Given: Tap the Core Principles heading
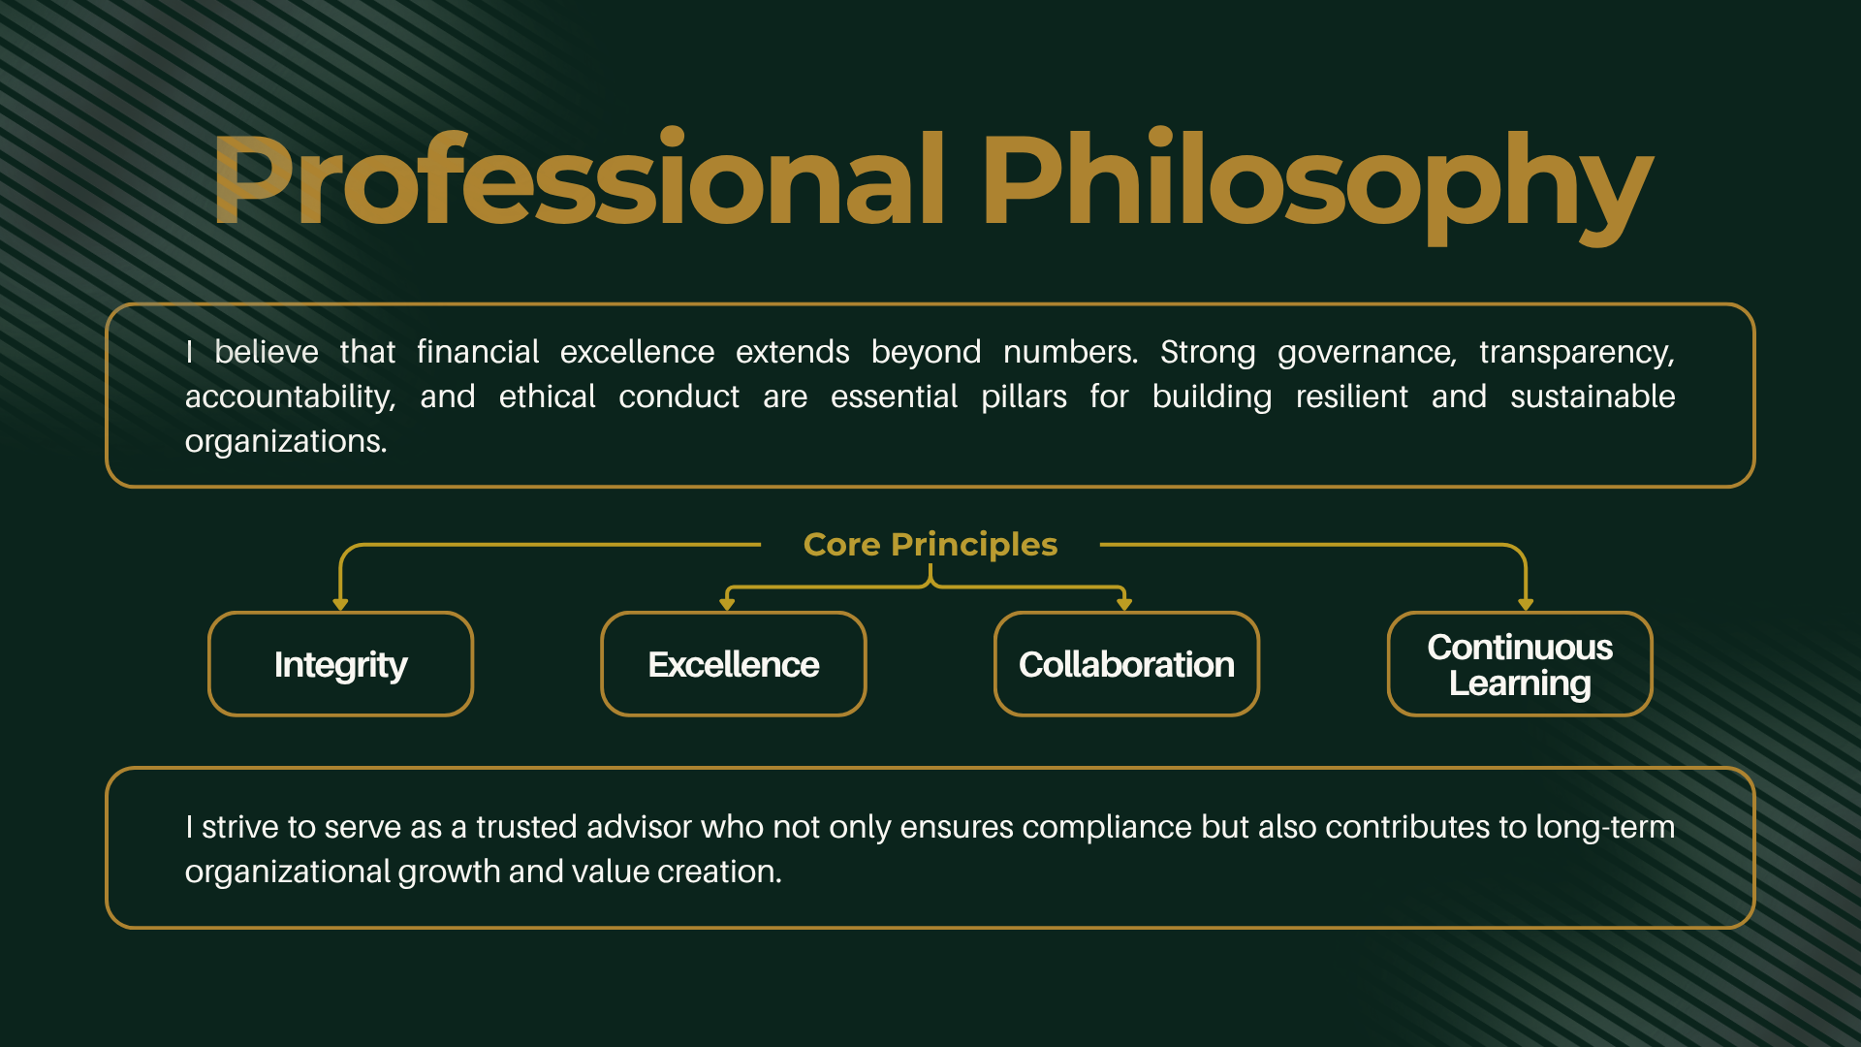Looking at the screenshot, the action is click(x=930, y=546).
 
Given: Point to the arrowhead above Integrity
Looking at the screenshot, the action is click(x=340, y=604).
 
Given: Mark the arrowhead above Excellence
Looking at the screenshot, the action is click(x=727, y=604).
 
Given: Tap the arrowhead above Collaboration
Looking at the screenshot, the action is click(x=1124, y=604).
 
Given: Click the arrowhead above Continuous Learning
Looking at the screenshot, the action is click(x=1526, y=604).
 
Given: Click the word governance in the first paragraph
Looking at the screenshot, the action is click(x=1367, y=353).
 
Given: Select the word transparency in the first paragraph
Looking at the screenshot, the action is click(x=1577, y=353).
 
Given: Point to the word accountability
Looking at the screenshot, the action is click(x=291, y=397).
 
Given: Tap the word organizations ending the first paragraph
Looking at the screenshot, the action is click(x=286, y=442).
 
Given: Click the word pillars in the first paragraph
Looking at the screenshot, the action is click(x=1024, y=397).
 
